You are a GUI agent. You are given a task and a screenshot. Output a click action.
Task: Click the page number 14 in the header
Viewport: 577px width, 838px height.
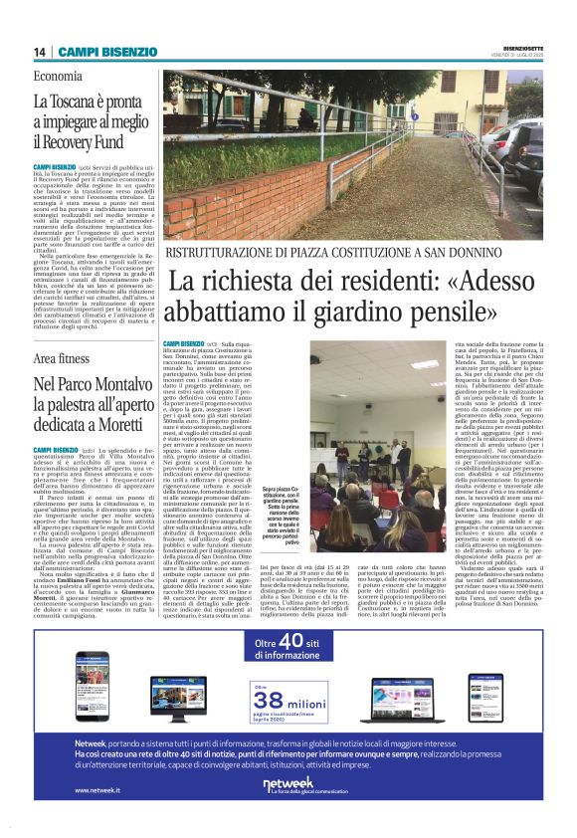[x=39, y=52]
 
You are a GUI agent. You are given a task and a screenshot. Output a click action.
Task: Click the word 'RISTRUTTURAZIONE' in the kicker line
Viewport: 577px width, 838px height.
[x=219, y=224]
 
